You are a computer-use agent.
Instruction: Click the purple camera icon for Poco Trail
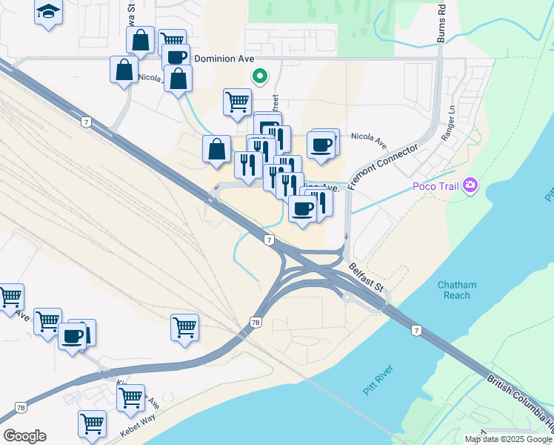click(470, 185)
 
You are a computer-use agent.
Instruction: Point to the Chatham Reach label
click(457, 290)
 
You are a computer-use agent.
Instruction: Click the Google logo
click(24, 436)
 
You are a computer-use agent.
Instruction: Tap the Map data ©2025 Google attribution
click(508, 439)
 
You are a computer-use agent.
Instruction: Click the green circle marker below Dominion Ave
click(259, 75)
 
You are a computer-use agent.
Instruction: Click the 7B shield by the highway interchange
click(256, 323)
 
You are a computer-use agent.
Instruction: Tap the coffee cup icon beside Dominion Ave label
click(176, 57)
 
